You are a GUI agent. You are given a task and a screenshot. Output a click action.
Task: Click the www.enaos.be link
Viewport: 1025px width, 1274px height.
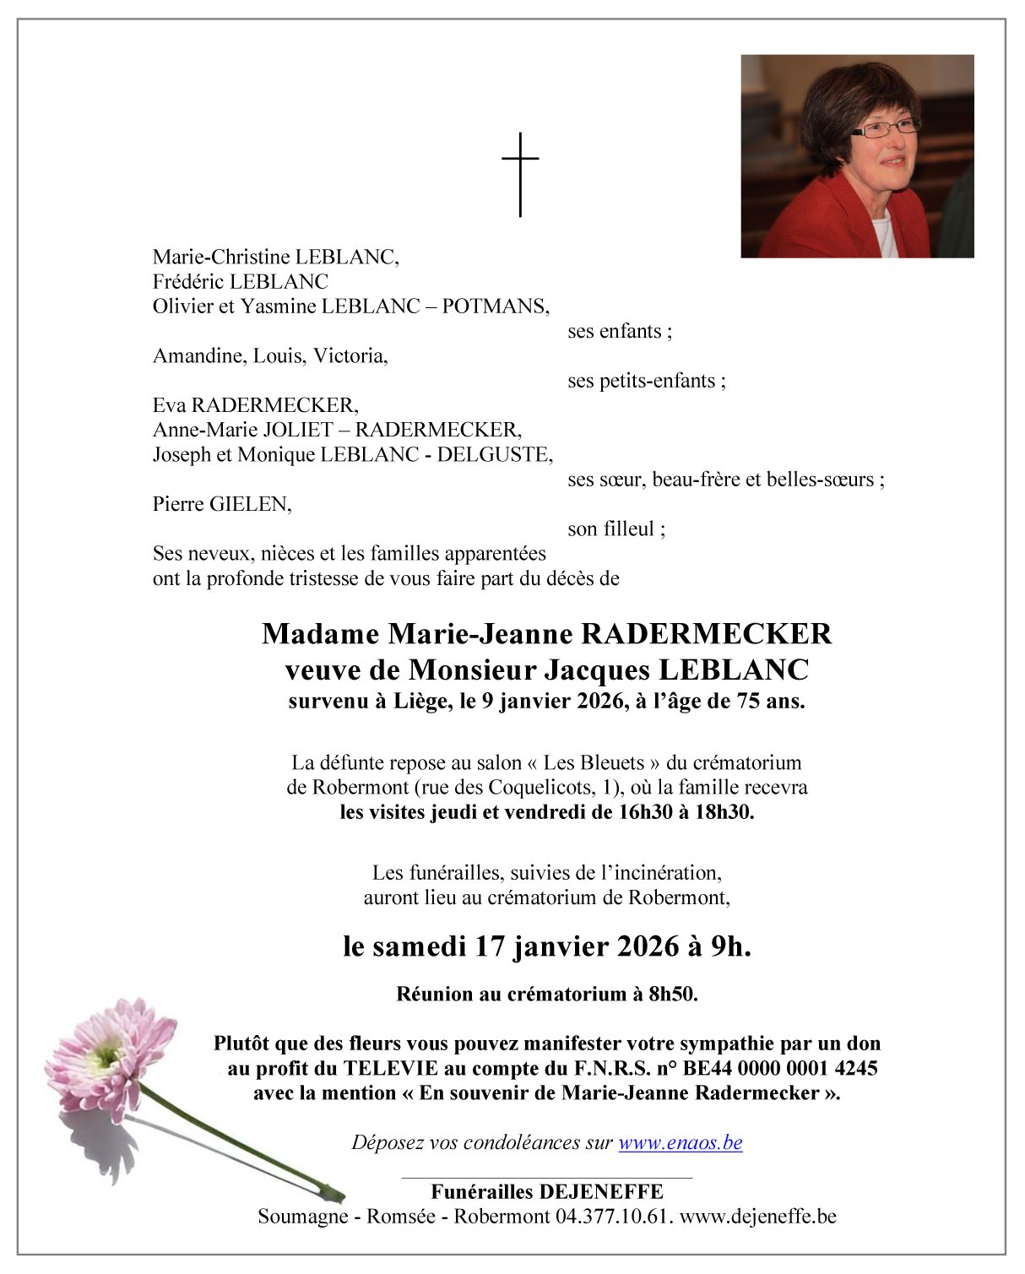680,1142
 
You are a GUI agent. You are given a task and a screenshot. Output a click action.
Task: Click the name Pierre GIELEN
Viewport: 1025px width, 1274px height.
222,504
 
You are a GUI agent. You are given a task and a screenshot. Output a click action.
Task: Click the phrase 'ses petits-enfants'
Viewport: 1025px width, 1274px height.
643,381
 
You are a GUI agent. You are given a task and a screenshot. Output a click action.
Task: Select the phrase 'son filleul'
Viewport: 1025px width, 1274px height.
611,529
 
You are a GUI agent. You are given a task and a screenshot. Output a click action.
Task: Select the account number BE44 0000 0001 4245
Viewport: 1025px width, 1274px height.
780,1068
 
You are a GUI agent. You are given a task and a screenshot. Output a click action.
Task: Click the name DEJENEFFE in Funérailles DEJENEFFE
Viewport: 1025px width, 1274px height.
600,1192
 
